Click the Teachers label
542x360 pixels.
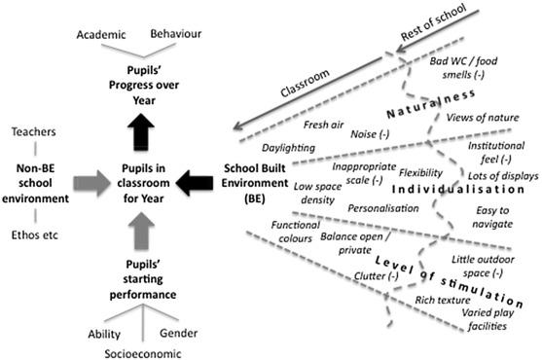coord(34,132)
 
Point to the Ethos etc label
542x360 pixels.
coord(34,236)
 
